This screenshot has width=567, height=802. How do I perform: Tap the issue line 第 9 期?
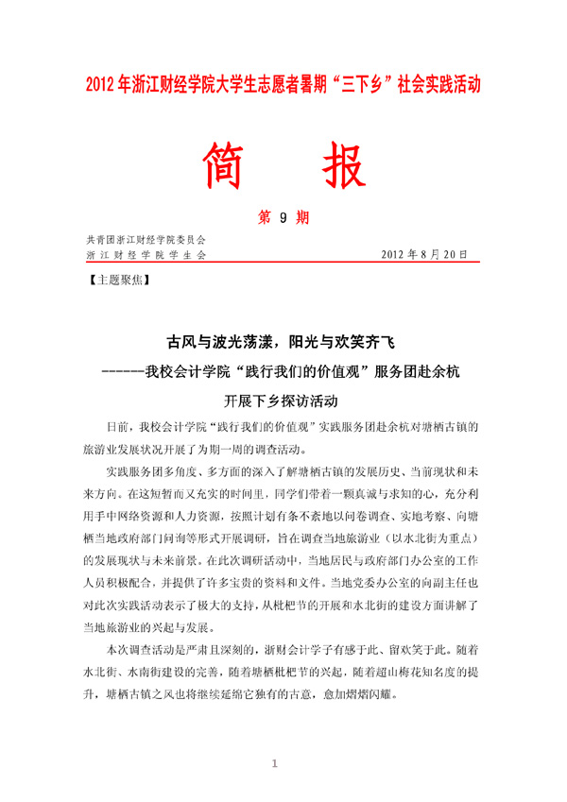point(283,217)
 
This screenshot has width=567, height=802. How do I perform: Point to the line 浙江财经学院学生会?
point(145,255)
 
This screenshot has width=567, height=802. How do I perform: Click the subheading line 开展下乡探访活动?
point(283,401)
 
